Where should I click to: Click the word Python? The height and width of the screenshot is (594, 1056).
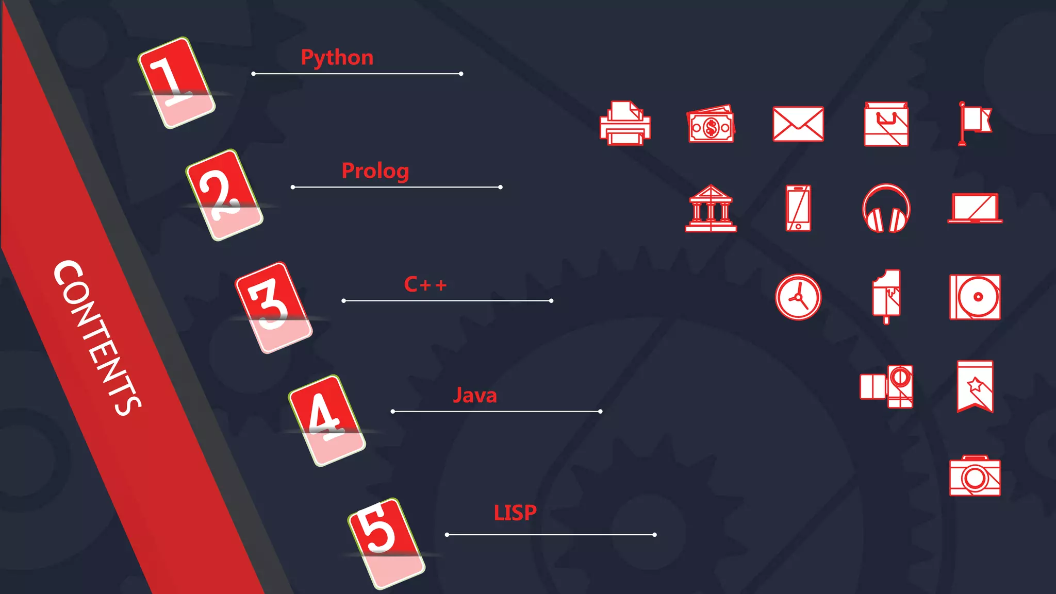tap(337, 58)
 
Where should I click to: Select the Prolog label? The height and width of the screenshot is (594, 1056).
tap(375, 171)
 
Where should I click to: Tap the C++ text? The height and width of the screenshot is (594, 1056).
tap(425, 284)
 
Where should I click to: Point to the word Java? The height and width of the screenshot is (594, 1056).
tap(474, 396)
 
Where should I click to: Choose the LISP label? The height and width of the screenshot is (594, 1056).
tap(515, 513)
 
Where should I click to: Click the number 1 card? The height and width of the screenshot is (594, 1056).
tap(176, 82)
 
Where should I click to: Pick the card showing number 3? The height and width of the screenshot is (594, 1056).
tap(273, 308)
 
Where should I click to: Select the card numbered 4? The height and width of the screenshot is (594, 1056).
tap(326, 420)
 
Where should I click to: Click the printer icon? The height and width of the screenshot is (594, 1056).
tap(625, 124)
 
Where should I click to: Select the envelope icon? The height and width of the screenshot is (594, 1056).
tap(798, 124)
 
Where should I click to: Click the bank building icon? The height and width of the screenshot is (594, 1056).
tap(711, 209)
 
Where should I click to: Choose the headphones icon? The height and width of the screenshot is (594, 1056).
tap(886, 209)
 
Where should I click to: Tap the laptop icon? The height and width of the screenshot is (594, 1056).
tap(975, 209)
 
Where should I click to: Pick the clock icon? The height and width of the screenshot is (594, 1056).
tap(798, 297)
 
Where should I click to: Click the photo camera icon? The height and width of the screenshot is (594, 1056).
tap(975, 476)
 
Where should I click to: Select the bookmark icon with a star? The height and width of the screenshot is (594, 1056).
tap(975, 386)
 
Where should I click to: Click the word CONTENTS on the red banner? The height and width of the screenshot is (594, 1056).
tap(97, 337)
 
